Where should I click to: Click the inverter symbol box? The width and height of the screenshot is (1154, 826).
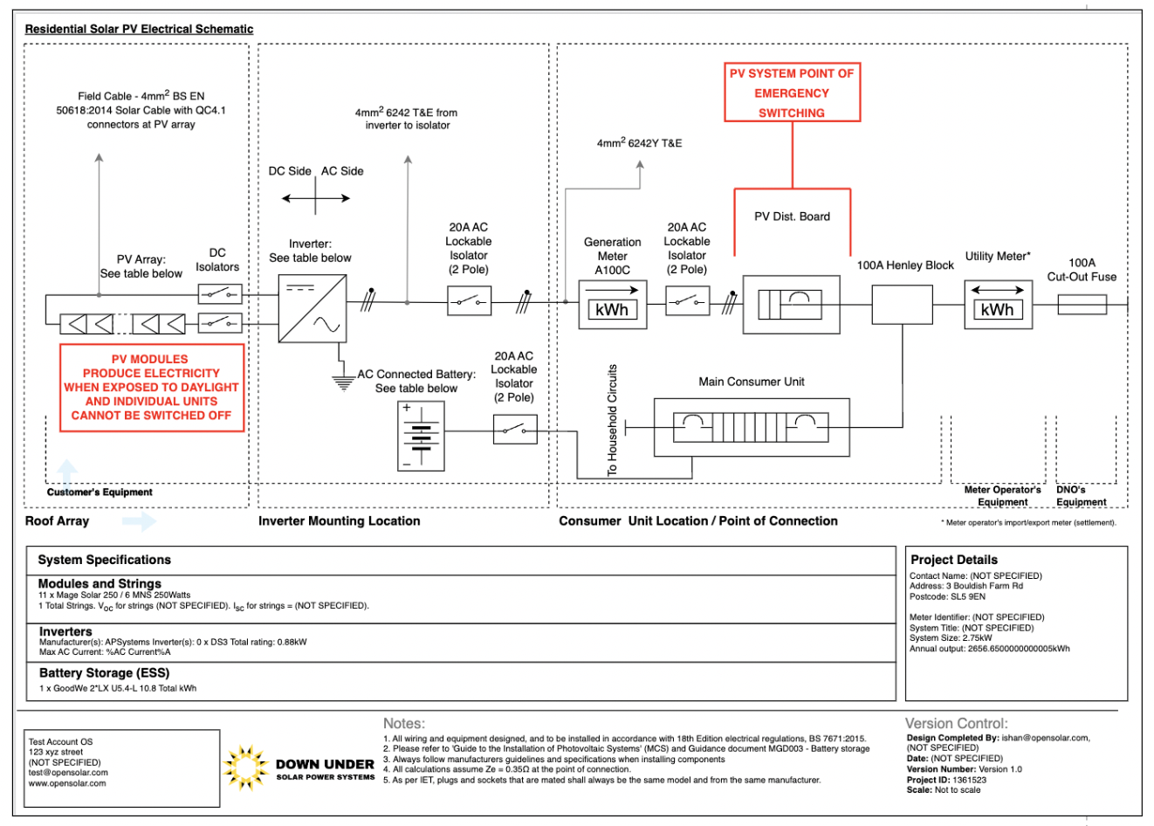(312, 308)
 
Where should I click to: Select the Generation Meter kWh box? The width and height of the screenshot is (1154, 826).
(613, 304)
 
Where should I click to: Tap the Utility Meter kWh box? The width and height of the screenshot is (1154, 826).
(998, 304)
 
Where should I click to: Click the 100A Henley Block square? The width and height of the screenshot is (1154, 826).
(902, 304)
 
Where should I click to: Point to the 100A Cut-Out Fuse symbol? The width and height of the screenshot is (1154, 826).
(1082, 305)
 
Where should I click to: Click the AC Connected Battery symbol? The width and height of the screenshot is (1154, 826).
(421, 436)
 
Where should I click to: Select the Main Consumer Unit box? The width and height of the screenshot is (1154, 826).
(751, 427)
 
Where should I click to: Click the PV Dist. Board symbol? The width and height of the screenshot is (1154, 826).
(791, 305)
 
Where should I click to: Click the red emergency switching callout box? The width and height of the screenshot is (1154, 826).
(792, 93)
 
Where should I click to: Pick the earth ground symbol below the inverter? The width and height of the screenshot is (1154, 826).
(344, 382)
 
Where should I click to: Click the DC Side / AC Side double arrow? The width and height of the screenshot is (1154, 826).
(316, 198)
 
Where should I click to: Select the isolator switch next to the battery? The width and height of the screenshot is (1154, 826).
(514, 430)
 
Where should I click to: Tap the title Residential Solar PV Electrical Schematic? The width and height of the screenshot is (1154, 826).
(139, 29)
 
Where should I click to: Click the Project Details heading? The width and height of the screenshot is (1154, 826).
(953, 560)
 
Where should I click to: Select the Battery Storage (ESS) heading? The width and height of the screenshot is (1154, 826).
(104, 673)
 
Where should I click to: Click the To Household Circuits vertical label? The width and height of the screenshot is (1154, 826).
(612, 420)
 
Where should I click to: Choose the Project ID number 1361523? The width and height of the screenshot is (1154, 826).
(969, 780)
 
